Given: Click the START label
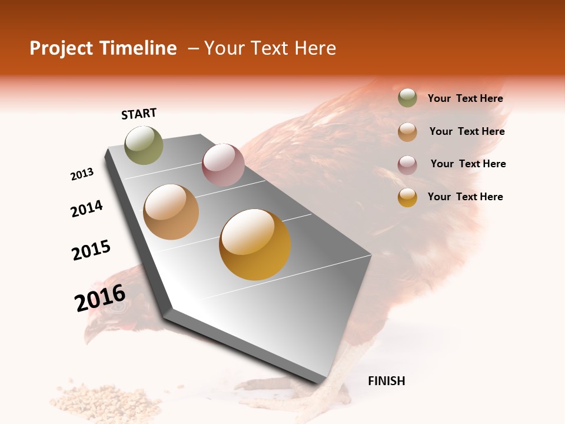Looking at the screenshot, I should coord(139,114).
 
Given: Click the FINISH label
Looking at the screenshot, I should coord(386,381).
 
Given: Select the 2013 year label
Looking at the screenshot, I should coord(82,174).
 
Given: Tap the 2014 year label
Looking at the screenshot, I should coord(87,209).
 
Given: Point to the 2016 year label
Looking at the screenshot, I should coord(100,298).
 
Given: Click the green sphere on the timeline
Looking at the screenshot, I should coord(144,145).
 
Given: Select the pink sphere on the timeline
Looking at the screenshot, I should coord(223,164).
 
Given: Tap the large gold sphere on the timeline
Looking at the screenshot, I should coord(255,244).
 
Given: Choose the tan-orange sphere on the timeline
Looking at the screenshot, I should coord(171,212).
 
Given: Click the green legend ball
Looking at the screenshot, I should coord(407,98).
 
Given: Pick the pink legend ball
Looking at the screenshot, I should coord(407,164).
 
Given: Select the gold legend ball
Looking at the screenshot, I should coord(407,197).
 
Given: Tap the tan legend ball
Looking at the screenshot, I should coord(407,131).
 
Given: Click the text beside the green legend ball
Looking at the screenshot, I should coord(465,98).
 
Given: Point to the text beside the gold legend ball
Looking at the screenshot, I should coord(465,197).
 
